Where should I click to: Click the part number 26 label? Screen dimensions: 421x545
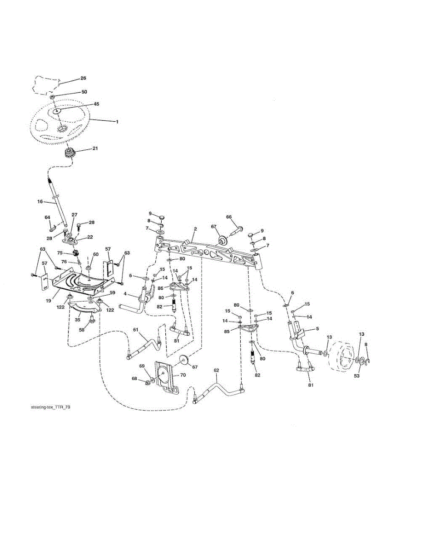[83, 78]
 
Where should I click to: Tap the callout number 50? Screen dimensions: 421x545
[84, 92]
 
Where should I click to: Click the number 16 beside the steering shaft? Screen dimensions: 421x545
[40, 201]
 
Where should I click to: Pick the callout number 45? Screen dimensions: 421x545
[96, 104]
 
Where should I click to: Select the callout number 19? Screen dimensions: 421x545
[49, 301]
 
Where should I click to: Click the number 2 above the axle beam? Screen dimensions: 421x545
[195, 229]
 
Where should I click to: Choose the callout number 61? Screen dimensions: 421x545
[136, 330]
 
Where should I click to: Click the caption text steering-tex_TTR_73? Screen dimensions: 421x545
[50, 407]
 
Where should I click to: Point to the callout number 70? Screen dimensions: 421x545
[183, 375]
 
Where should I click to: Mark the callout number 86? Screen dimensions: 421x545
[160, 288]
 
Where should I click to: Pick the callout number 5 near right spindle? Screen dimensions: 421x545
[317, 328]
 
